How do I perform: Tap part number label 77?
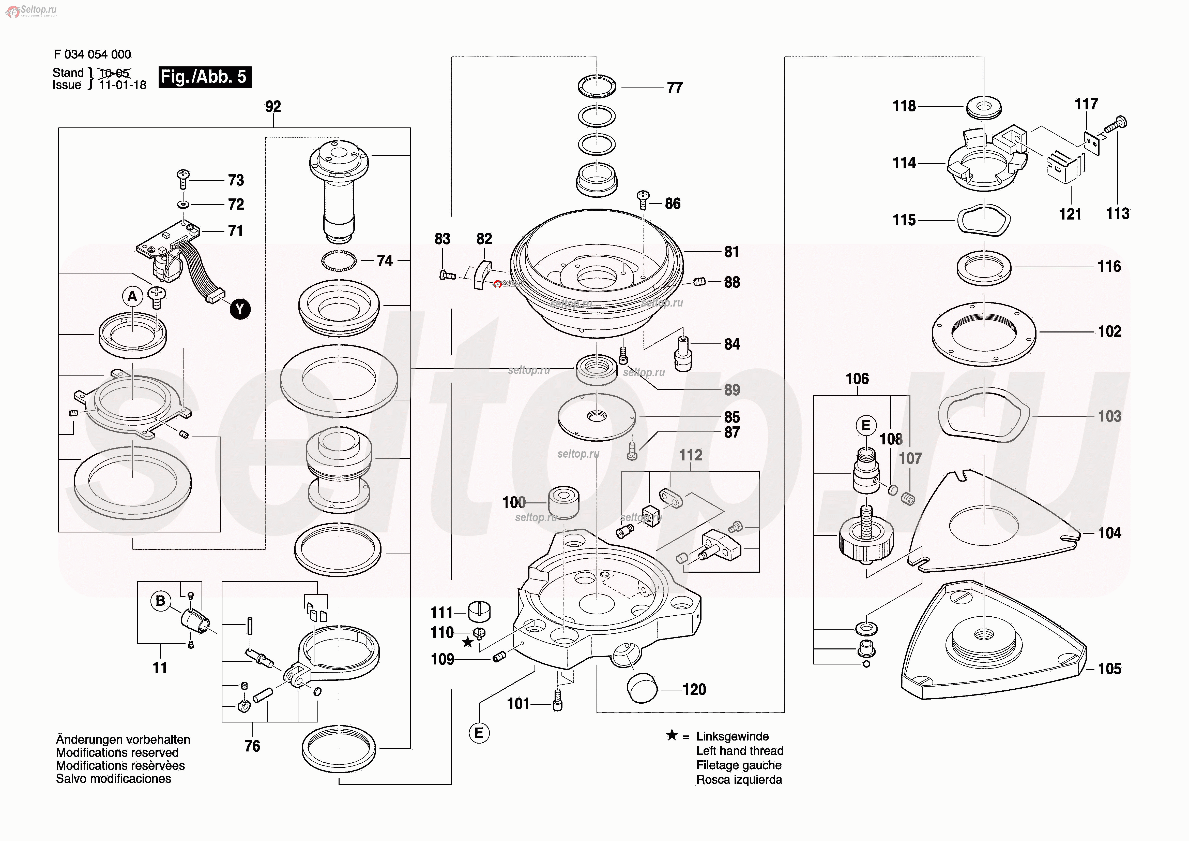tap(674, 88)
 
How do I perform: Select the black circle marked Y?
tap(240, 309)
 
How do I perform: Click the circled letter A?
tap(133, 296)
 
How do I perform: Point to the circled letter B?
tap(161, 601)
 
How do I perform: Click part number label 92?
tap(273, 107)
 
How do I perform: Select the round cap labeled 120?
tap(642, 688)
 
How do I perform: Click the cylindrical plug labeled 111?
tap(479, 612)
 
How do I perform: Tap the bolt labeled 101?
tap(558, 701)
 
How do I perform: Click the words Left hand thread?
tap(739, 751)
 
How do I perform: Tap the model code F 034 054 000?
tap(92, 54)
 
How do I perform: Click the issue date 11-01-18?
tap(123, 85)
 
